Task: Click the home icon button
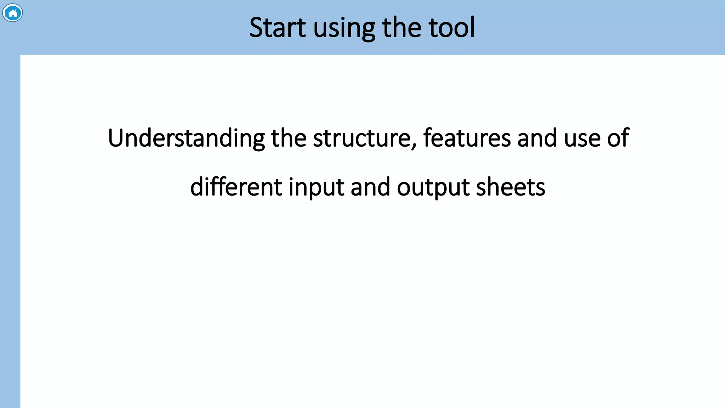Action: click(13, 13)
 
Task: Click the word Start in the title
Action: click(278, 28)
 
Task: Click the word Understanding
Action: click(186, 138)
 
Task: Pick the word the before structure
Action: click(289, 138)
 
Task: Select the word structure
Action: click(361, 138)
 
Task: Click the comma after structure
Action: click(414, 145)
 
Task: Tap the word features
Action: click(467, 138)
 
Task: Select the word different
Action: click(236, 187)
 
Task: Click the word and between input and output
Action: click(370, 187)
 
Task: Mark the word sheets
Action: click(510, 187)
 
